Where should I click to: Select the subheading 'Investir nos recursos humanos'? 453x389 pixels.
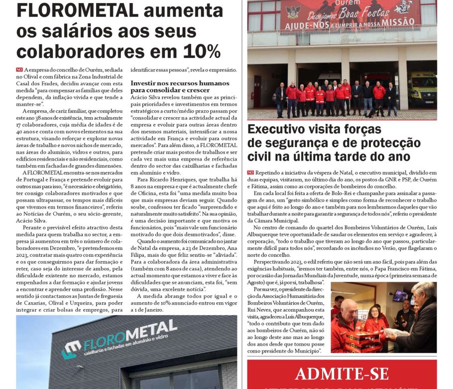[x=180, y=83]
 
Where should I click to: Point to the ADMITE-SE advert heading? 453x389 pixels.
[x=341, y=373]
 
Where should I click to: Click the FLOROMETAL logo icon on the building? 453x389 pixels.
[x=71, y=349]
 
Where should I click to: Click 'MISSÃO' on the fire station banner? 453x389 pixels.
[x=396, y=21]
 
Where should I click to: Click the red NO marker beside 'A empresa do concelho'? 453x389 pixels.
[x=19, y=70]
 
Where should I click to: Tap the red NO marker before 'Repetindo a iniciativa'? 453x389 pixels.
[x=250, y=172]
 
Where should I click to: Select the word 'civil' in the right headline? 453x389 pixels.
[x=262, y=157]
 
